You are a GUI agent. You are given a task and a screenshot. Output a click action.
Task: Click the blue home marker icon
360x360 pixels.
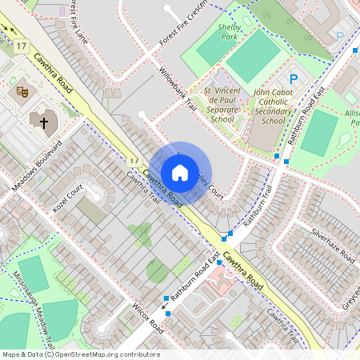click(180, 173)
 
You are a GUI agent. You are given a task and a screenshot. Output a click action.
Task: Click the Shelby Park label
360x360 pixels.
click(230, 31)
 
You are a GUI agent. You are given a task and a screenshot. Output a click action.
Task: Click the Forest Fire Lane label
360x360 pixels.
click(79, 22)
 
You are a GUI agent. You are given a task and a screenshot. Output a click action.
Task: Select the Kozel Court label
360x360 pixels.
click(68, 205)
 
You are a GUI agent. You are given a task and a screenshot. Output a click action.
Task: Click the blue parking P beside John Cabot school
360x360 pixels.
click(294, 79)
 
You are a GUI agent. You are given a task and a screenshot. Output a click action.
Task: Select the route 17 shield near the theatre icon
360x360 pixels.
click(21, 46)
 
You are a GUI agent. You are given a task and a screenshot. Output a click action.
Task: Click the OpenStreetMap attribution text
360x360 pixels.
click(81, 354)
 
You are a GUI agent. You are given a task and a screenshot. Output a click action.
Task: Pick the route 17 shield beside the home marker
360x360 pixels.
click(134, 161)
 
